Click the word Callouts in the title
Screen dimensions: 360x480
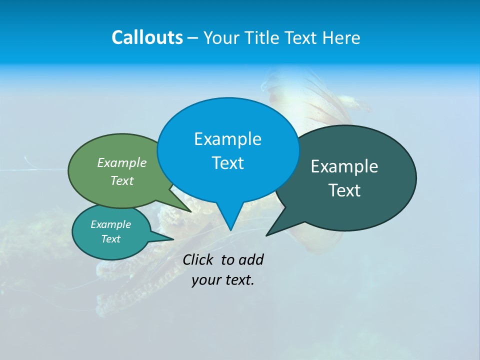(x=147, y=37)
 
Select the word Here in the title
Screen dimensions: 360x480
(x=342, y=37)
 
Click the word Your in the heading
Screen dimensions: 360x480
(x=222, y=37)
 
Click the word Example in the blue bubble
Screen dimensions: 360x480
(x=227, y=139)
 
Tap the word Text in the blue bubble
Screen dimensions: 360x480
(x=227, y=163)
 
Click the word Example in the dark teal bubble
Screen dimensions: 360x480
(x=344, y=166)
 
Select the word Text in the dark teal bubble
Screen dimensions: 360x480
(x=344, y=190)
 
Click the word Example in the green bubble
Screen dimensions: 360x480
(x=122, y=162)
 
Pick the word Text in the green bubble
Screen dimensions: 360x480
(x=122, y=180)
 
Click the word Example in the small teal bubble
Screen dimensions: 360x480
(x=110, y=224)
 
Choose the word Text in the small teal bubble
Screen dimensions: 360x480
(x=110, y=239)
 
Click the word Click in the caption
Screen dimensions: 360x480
(x=199, y=259)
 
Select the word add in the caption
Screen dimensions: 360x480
(x=251, y=259)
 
